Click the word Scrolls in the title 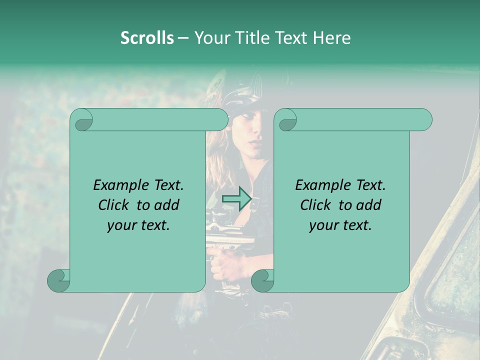click(147, 37)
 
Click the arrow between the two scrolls click(236, 199)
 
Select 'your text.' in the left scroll click(138, 225)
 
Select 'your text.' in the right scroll click(340, 225)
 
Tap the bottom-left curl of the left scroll click(59, 280)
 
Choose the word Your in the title click(210, 37)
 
